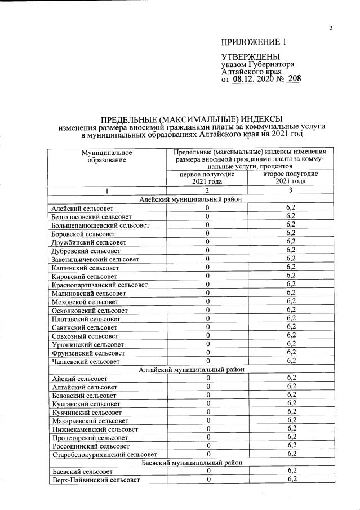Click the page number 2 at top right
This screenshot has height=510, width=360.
331,29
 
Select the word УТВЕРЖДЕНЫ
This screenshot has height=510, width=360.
250,57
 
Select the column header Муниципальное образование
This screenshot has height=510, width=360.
106,157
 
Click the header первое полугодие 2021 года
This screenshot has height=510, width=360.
207,178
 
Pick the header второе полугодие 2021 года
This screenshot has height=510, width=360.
290,178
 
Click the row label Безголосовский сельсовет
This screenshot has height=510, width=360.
91,216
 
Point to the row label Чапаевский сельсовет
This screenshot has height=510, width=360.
85,361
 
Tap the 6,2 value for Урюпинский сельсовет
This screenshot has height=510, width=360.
291,344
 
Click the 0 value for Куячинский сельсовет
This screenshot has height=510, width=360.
207,412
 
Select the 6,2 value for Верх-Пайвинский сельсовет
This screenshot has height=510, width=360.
291,480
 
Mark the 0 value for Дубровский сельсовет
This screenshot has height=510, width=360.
207,250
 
